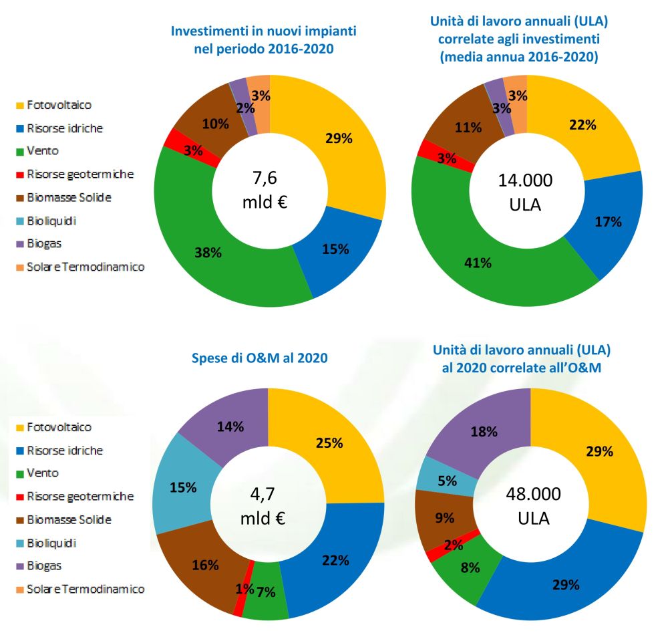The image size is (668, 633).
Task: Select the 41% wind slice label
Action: pos(478,263)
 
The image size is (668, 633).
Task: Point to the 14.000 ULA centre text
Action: pos(526,191)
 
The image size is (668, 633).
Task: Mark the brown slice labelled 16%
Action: pos(206,565)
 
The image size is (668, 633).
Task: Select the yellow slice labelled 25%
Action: pos(329,442)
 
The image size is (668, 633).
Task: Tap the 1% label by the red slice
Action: pos(244,589)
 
